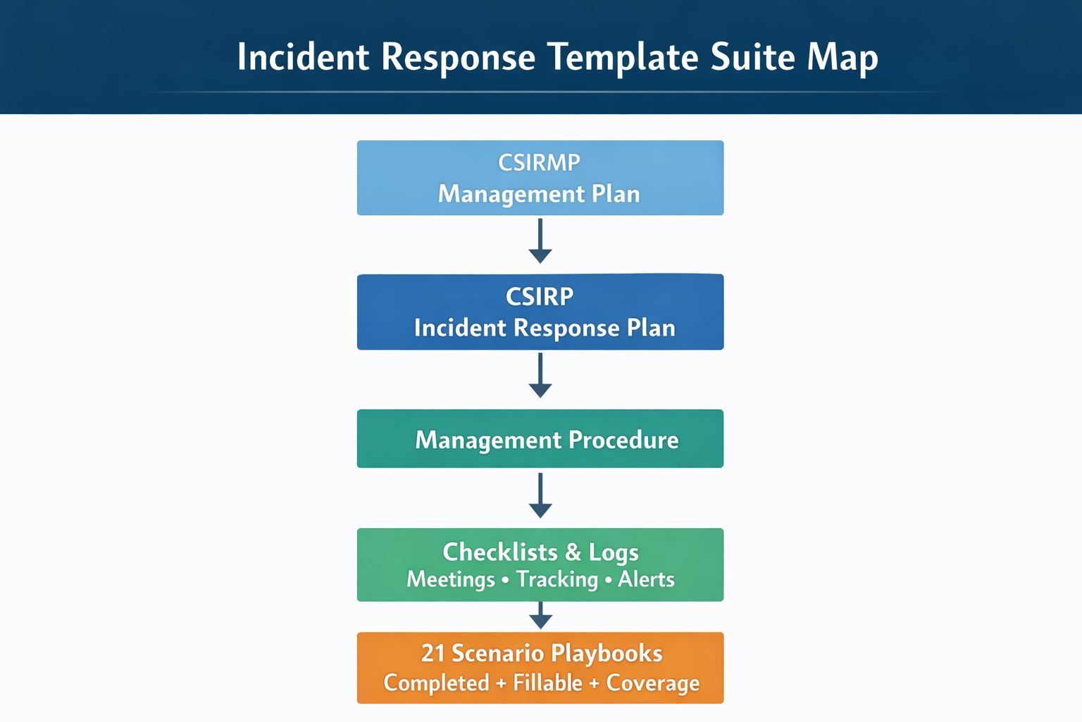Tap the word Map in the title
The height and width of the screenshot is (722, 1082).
pyautogui.click(x=842, y=58)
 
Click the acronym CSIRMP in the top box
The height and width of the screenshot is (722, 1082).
pyautogui.click(x=539, y=163)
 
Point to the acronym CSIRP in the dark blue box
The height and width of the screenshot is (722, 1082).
pyautogui.click(x=540, y=297)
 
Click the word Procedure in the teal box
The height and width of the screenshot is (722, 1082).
pyautogui.click(x=623, y=440)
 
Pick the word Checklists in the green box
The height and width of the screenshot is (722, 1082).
pyautogui.click(x=499, y=551)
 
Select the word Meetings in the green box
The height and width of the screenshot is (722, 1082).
pyautogui.click(x=451, y=580)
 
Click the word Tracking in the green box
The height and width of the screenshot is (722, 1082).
pyautogui.click(x=556, y=580)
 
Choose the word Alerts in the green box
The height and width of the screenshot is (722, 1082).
pyautogui.click(x=646, y=580)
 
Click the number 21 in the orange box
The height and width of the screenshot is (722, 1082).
pyautogui.click(x=433, y=654)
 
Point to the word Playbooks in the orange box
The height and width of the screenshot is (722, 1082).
pyautogui.click(x=607, y=654)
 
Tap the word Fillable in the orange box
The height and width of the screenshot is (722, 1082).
pyautogui.click(x=547, y=683)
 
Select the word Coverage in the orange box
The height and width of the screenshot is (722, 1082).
pyautogui.click(x=653, y=683)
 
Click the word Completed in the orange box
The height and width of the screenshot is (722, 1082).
pyautogui.click(x=437, y=683)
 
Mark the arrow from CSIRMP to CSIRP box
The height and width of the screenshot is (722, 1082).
pyautogui.click(x=540, y=241)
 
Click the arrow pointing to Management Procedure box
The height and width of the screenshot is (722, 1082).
pyautogui.click(x=540, y=376)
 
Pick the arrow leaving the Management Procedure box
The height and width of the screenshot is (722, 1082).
pyautogui.click(x=540, y=496)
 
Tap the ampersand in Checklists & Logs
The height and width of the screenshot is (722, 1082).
pyautogui.click(x=573, y=552)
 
